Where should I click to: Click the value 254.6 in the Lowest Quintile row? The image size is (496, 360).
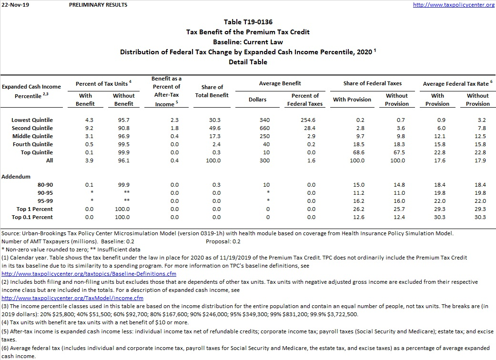click(305, 120)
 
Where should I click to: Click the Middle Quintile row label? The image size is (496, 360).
click(32, 136)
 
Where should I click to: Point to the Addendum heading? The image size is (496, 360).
click(16, 177)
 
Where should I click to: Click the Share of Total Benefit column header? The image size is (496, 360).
click(212, 91)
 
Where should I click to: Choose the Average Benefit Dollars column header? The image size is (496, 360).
click(257, 100)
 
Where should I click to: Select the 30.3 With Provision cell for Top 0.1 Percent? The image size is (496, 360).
click(440, 217)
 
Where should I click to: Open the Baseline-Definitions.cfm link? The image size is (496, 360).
click(89, 274)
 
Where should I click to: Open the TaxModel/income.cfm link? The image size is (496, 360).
click(72, 298)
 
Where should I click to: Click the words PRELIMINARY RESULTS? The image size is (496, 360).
click(98, 5)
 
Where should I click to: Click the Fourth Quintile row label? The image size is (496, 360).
click(32, 144)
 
